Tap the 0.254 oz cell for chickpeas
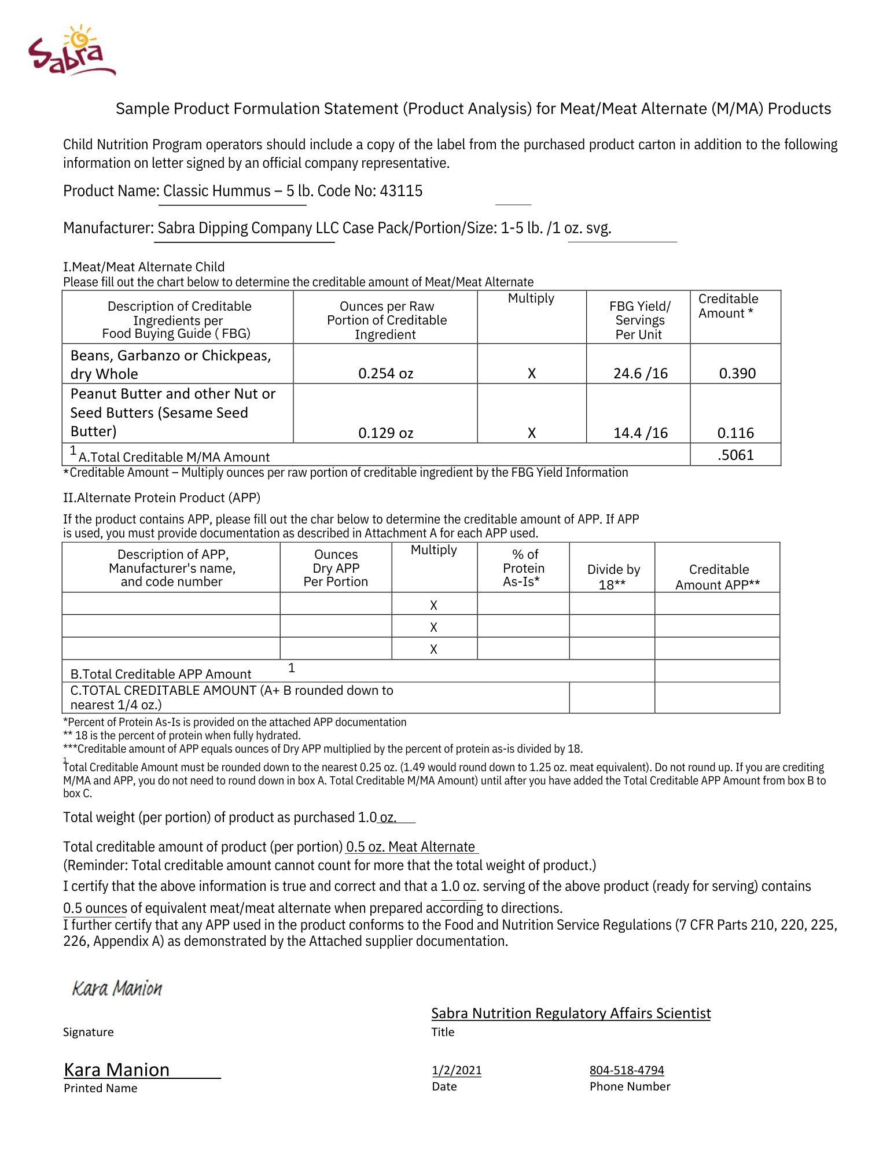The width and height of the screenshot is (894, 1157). [385, 374]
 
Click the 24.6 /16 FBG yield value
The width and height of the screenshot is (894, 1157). [640, 374]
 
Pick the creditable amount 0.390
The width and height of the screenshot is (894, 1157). [737, 374]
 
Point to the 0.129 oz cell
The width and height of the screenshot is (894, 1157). [385, 433]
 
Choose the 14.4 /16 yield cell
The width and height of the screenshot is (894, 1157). [640, 433]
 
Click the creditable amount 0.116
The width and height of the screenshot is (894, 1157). [735, 433]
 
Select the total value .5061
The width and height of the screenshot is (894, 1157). [735, 455]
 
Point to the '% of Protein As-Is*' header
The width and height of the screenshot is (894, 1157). [524, 568]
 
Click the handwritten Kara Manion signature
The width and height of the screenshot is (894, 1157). [117, 988]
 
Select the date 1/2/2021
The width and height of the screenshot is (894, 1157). [457, 1070]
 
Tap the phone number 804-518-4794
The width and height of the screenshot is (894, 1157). [627, 1070]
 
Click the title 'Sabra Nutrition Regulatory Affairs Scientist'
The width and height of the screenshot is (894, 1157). [571, 1014]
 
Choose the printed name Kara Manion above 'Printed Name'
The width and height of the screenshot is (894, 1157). [117, 1070]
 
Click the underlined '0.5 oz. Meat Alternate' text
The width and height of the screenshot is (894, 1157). [411, 847]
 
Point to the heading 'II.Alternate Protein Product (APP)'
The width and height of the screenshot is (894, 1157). [161, 498]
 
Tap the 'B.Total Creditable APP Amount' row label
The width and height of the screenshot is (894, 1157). [161, 674]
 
